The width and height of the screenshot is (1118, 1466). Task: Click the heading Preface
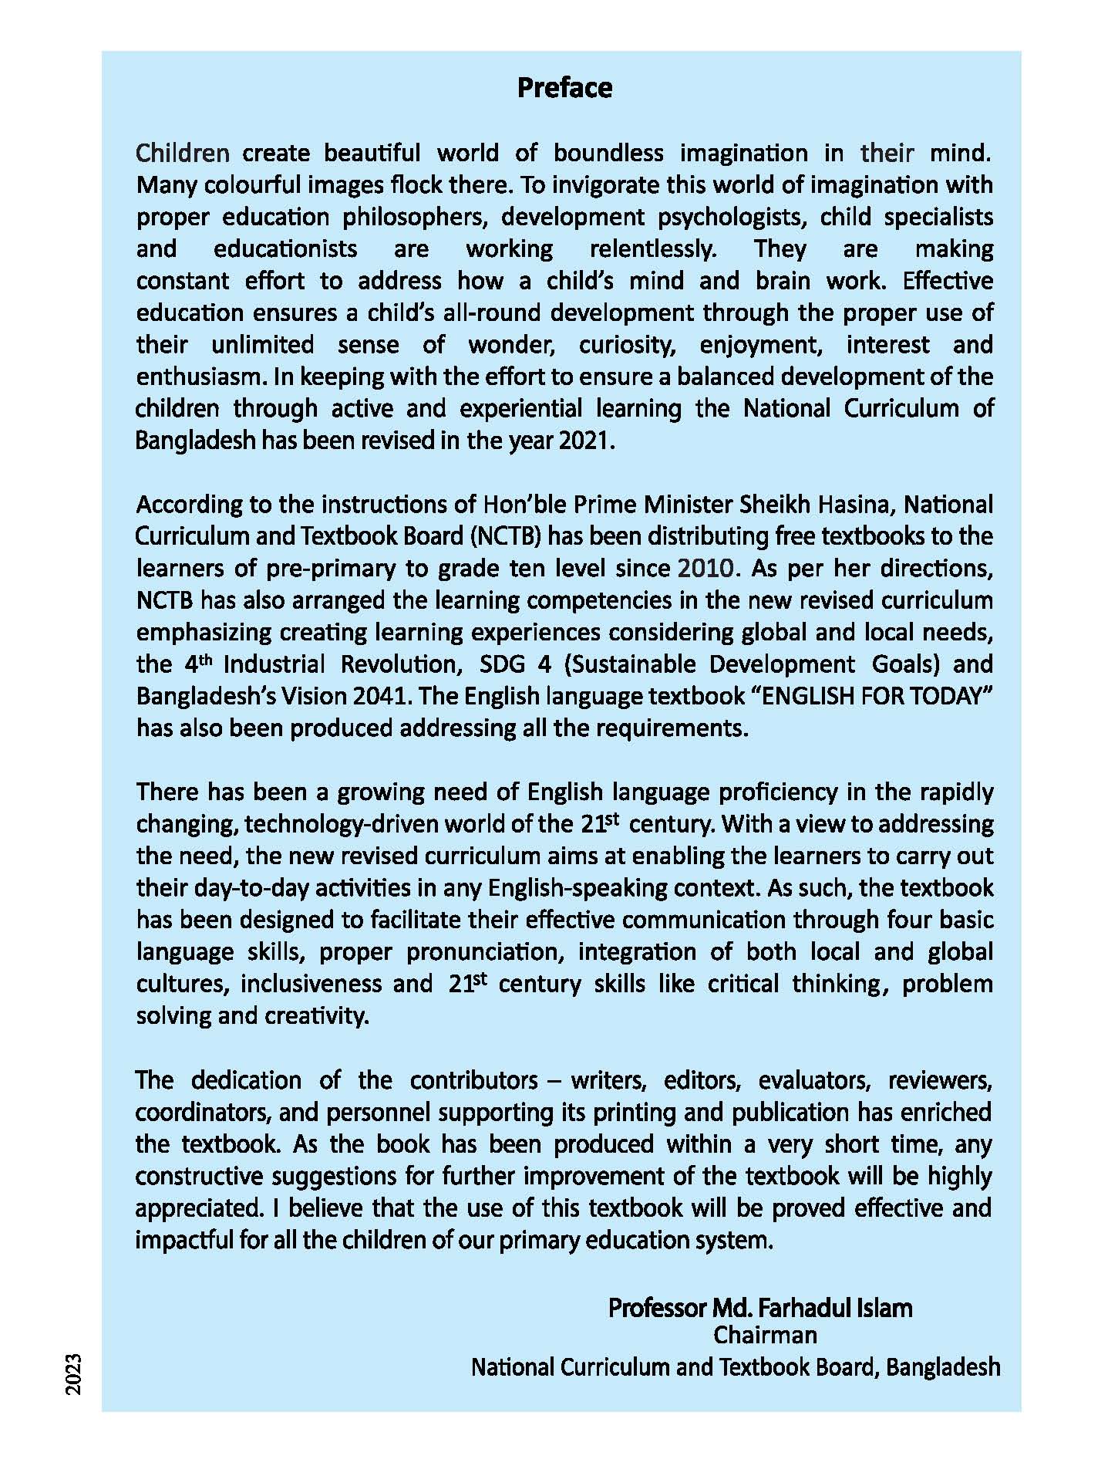tap(564, 88)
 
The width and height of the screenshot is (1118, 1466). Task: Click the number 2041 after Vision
tap(375, 696)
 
